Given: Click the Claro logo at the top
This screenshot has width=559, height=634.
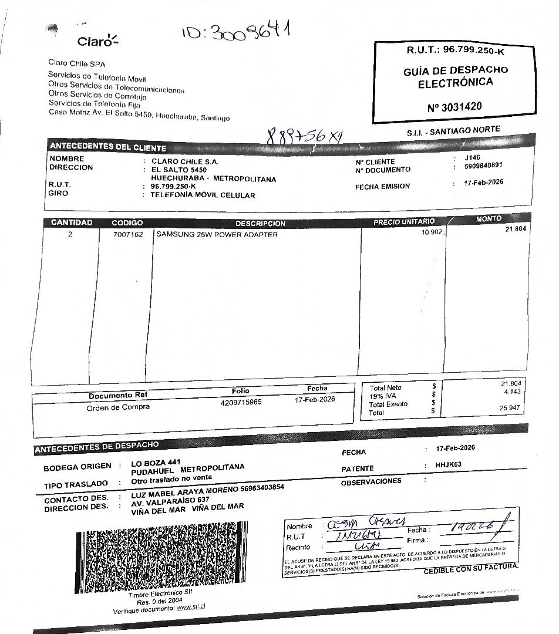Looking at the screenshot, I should pos(97,41).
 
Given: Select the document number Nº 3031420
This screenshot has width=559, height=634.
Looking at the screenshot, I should pos(456,107).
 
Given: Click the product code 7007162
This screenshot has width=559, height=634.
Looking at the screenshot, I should pos(128,234).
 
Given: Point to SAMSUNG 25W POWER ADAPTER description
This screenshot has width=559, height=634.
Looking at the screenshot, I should pos(217,234).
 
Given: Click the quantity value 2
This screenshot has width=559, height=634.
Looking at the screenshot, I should pos(70,234).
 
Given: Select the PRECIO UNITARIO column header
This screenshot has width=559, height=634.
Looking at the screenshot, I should pos(404,221).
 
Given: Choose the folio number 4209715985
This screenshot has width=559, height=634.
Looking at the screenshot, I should pos(241,403).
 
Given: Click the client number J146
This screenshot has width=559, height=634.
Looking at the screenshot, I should pos(472,157).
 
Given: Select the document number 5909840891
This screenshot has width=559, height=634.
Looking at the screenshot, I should pos(483,166).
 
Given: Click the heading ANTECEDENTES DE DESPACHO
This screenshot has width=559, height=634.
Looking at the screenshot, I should pos(96,447).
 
